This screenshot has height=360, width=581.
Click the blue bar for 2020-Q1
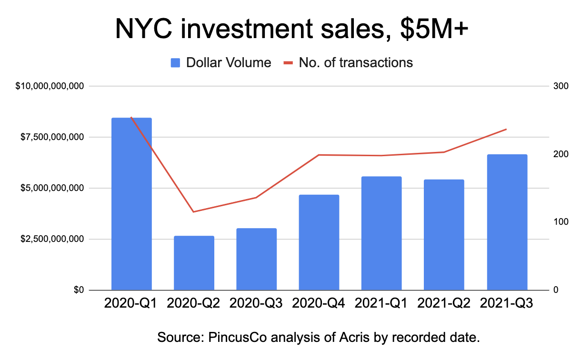131,204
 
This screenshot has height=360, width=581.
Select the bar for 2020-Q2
194,263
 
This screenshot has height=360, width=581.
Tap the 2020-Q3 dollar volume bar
257,259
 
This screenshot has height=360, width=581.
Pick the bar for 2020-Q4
319,242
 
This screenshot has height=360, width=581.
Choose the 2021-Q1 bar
381,233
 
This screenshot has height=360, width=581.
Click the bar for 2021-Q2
444,235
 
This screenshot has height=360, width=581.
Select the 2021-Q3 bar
507,222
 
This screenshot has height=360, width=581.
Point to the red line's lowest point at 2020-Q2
193,212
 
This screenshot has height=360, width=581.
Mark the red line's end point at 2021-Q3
506,129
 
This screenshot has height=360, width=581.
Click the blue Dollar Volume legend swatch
175,63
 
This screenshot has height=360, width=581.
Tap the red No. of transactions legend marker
288,63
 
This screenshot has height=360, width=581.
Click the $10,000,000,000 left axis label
50,86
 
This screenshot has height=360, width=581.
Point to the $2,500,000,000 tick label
52,239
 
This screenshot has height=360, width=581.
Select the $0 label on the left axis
79,290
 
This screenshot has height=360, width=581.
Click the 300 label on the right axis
561,86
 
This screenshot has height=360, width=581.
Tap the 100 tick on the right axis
561,222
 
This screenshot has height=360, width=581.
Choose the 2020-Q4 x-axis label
319,303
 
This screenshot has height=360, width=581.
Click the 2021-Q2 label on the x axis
443,303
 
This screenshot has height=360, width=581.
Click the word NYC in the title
143,29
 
